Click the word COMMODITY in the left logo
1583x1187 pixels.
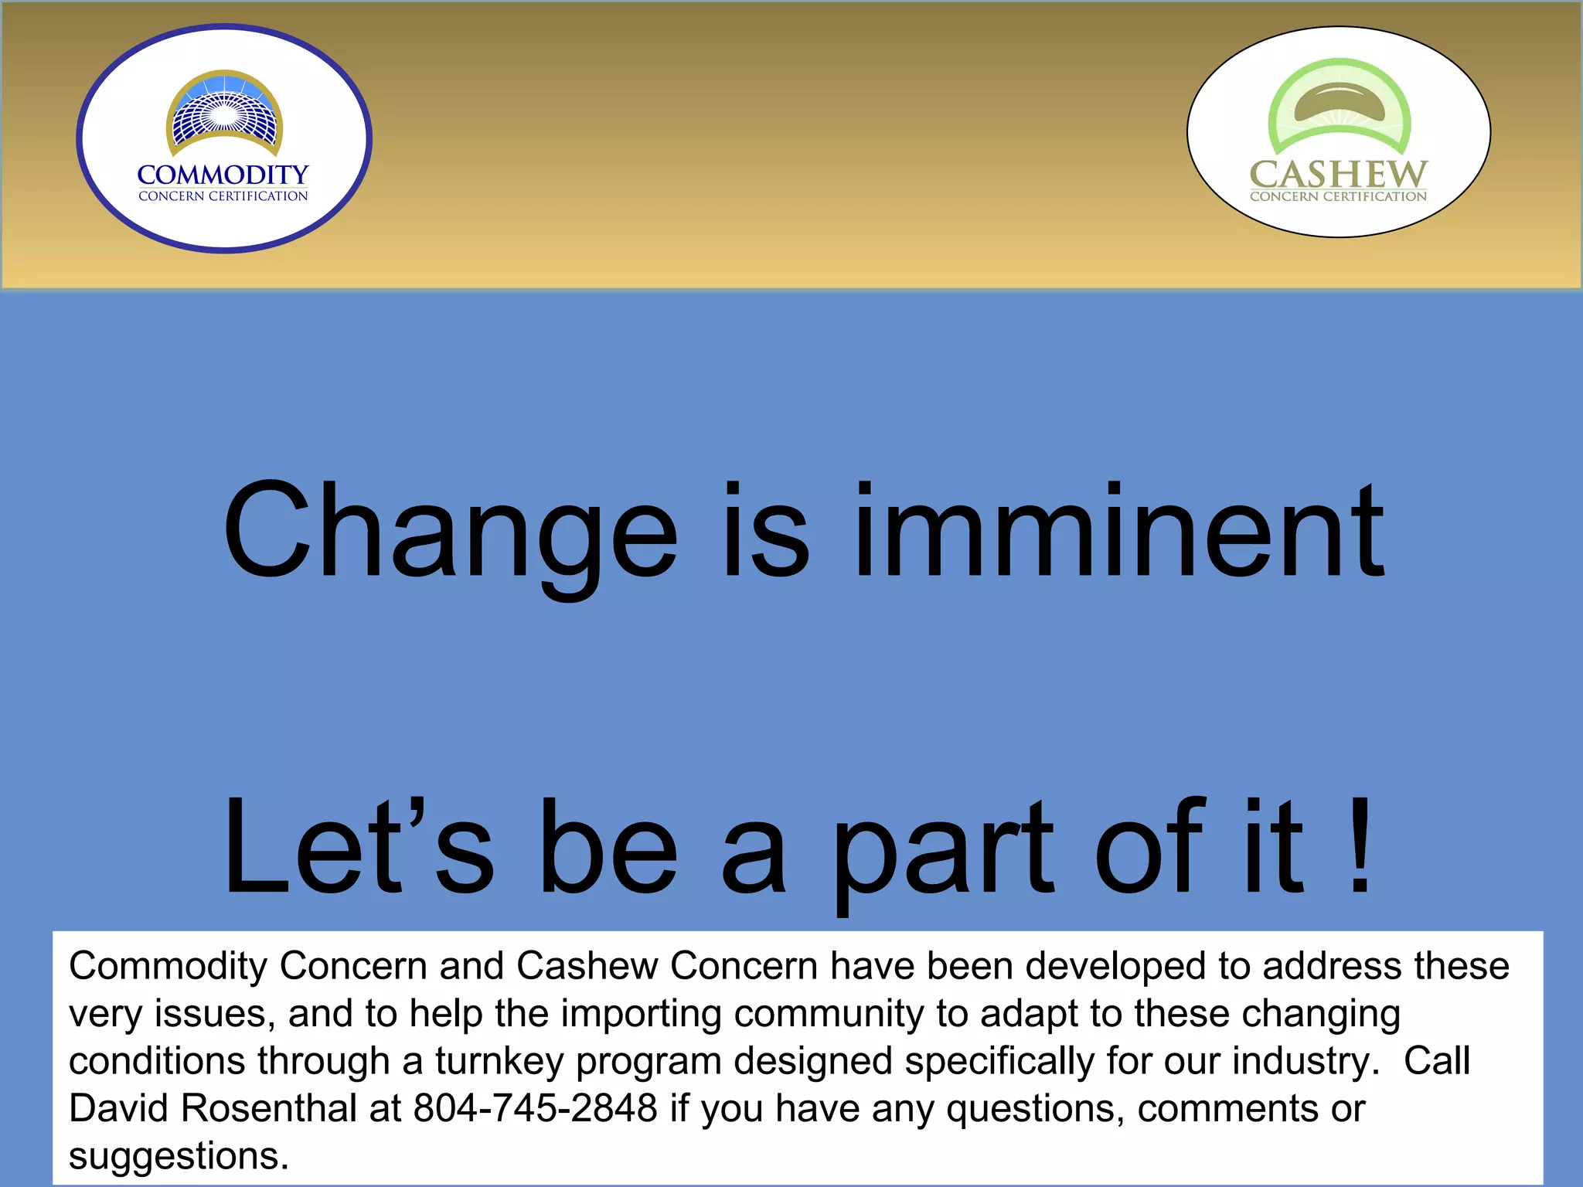tap(223, 175)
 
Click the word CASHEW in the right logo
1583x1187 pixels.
tap(1338, 174)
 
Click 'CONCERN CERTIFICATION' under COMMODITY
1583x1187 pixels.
tap(223, 196)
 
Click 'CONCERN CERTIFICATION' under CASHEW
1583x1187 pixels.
tap(1338, 196)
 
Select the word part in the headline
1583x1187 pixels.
tap(943, 850)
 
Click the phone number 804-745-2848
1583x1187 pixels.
tap(535, 1108)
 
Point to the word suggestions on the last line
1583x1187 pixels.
tap(178, 1156)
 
